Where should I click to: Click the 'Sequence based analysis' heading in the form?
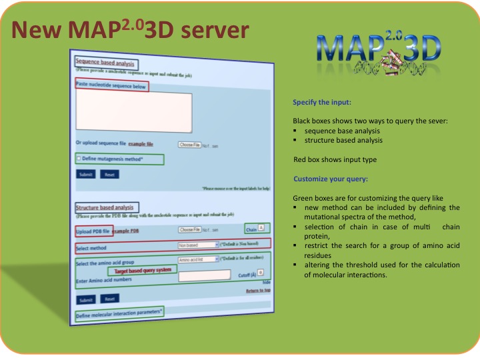coord(105,63)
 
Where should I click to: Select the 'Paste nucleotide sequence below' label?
coord(111,86)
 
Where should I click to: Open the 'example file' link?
coord(141,144)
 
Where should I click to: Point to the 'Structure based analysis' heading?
coord(105,209)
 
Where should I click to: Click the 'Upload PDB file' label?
coord(93,231)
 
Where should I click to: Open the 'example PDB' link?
coord(126,231)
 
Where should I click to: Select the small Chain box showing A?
coord(261,228)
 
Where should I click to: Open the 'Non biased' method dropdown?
coord(198,245)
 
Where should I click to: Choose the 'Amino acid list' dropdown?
coord(198,259)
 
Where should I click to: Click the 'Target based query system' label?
coord(142,271)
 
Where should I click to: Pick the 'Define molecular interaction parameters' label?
coord(119,313)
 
